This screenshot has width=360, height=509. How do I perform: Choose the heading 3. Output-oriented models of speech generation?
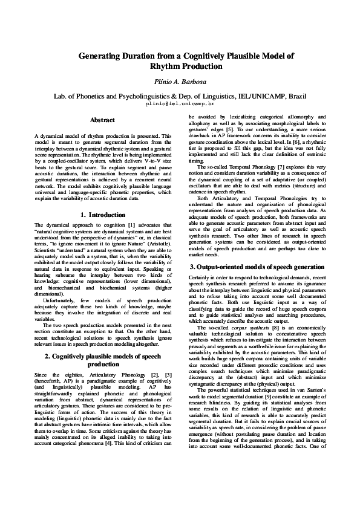[257, 267]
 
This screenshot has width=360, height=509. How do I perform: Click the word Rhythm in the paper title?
[167, 66]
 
